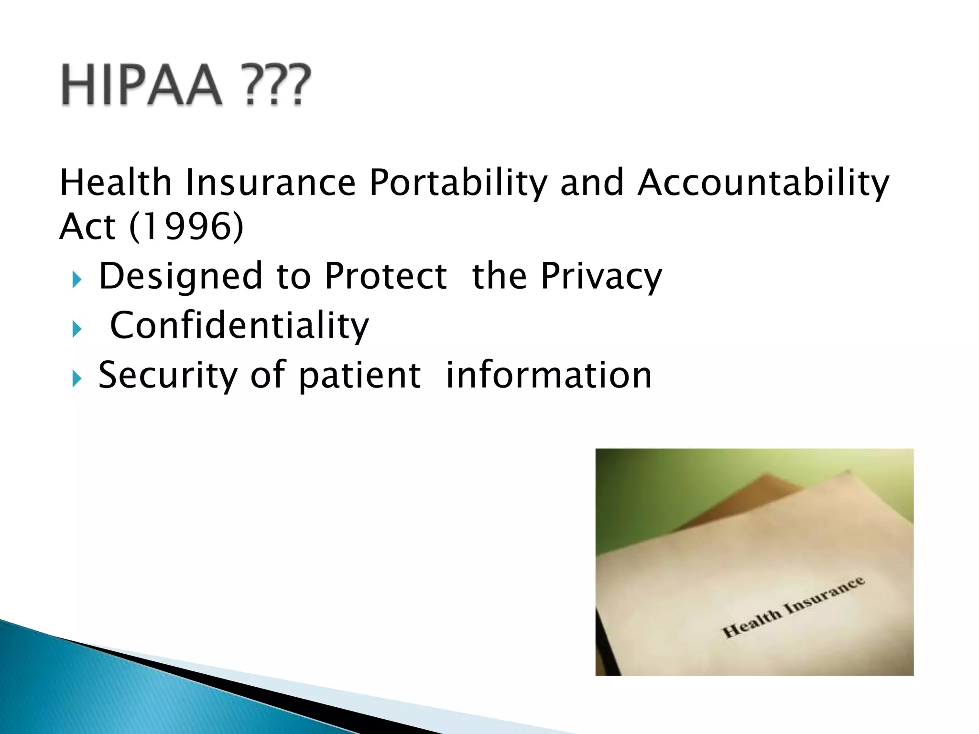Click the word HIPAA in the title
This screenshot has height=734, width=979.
tap(142, 85)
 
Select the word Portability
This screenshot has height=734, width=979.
tap(458, 183)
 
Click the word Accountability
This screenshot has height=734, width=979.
tap(763, 183)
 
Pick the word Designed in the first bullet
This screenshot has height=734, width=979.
tap(180, 277)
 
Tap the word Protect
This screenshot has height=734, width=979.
tap(385, 277)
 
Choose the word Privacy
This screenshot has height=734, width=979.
tap(601, 277)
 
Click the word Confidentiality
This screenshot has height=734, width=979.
tap(239, 326)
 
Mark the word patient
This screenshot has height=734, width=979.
tap(359, 376)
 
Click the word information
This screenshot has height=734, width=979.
tap(549, 376)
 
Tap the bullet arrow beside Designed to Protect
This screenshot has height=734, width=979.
tap(77, 280)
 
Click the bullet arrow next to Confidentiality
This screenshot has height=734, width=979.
tap(77, 329)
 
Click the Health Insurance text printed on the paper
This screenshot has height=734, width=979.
tap(793, 607)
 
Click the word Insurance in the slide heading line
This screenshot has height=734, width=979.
tap(271, 183)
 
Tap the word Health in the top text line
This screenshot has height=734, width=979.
tap(115, 183)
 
